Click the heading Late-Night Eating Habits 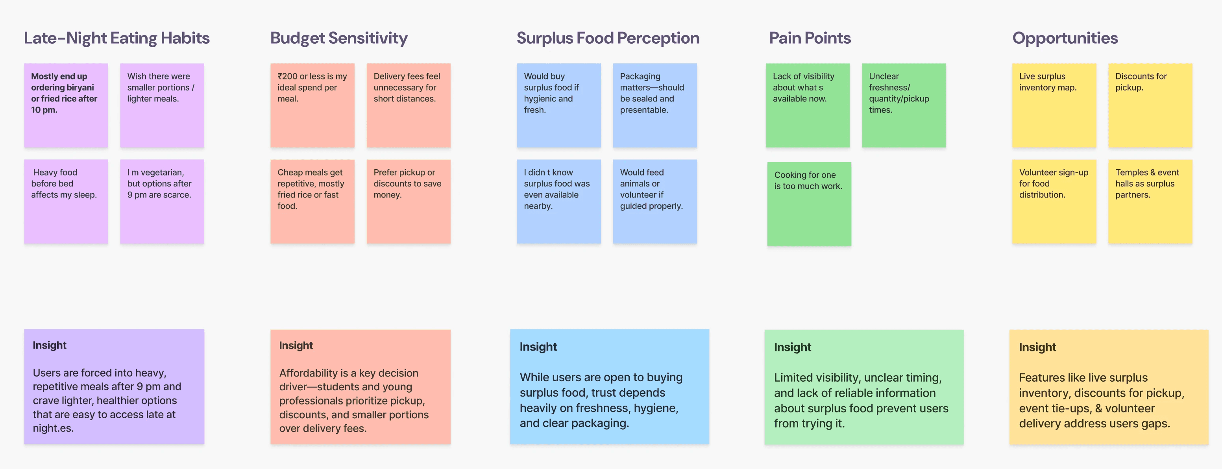click(117, 38)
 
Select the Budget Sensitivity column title click(339, 38)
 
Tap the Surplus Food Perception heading click(608, 38)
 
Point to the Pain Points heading click(810, 38)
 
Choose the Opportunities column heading click(1065, 38)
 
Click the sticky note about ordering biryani click(66, 105)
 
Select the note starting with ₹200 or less click(312, 105)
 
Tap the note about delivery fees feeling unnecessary click(409, 105)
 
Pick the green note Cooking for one click(809, 204)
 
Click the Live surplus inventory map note click(1054, 105)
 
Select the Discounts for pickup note click(1150, 105)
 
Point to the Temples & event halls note click(1150, 201)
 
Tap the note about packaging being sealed click(654, 105)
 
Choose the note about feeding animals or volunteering click(654, 201)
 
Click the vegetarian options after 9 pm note click(162, 201)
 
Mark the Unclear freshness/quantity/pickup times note click(904, 105)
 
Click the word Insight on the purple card click(49, 345)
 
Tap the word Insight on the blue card click(538, 347)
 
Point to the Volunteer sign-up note click(1054, 201)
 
